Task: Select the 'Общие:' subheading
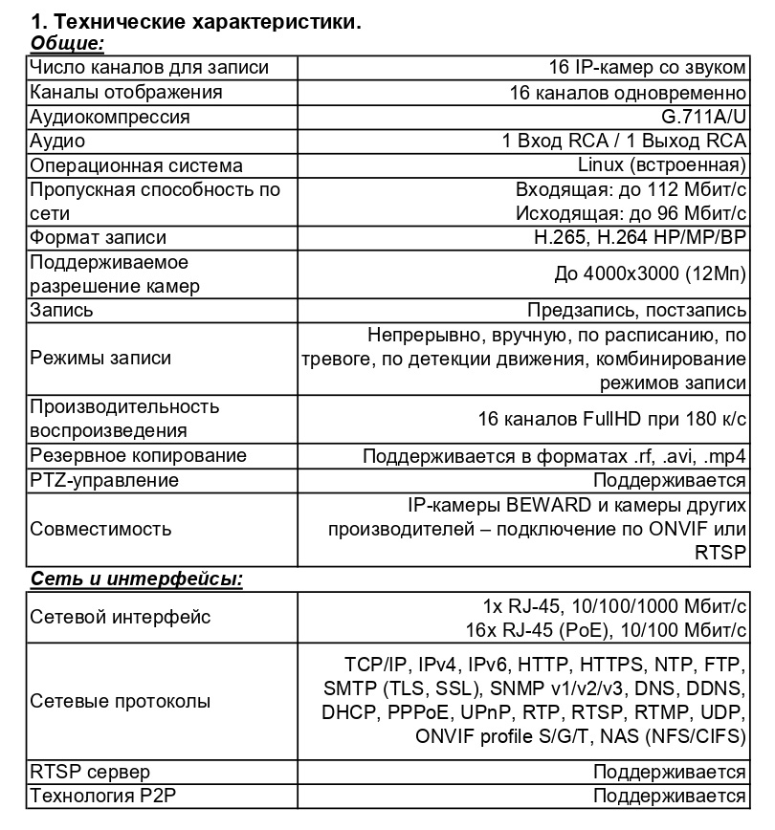coord(67,43)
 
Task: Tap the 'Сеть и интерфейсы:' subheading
coord(136,579)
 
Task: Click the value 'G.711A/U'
coord(703,117)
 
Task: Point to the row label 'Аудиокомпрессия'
coord(110,117)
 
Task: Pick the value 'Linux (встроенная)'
coord(669,165)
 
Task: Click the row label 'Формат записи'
coord(98,237)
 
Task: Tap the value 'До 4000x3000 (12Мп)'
coord(651,273)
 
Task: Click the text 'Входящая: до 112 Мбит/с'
coord(631,188)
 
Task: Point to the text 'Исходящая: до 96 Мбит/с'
coord(631,212)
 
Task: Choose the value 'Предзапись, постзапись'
coord(637,311)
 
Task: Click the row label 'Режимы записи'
coord(100,359)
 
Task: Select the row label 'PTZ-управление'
coord(104,480)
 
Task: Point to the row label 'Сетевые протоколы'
coord(121,701)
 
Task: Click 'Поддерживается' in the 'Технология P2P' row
coord(670,796)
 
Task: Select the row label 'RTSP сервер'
coord(90,772)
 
